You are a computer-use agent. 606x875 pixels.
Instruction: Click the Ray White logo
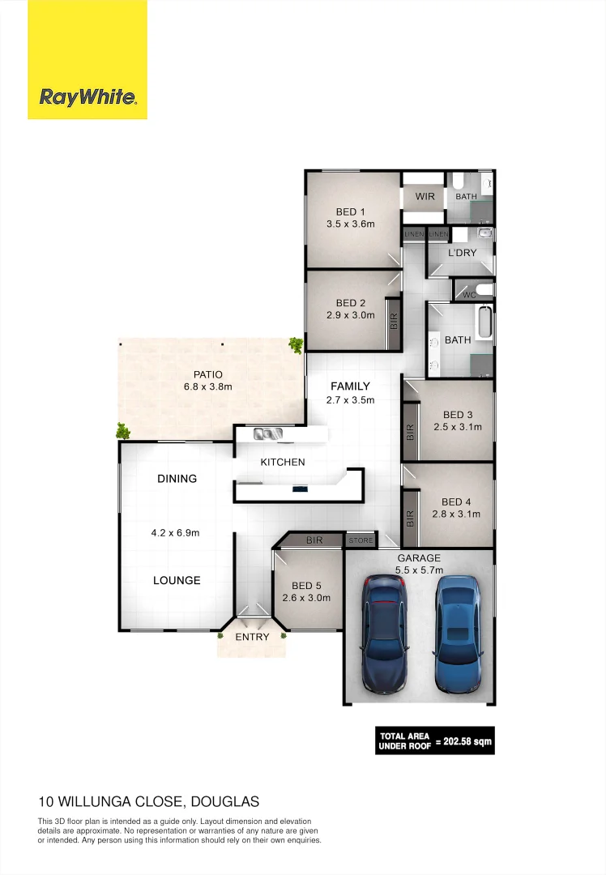(x=87, y=98)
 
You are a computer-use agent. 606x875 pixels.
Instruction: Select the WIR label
(x=425, y=197)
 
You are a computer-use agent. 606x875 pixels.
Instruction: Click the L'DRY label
(x=463, y=253)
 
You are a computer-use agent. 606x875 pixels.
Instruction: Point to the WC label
(x=469, y=294)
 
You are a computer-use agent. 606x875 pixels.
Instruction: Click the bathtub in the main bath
(x=484, y=322)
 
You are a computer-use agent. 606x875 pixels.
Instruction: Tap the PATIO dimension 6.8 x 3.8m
(x=207, y=387)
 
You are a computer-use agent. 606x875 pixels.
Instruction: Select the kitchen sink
(x=267, y=433)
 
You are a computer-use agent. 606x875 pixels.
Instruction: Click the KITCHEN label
(x=283, y=462)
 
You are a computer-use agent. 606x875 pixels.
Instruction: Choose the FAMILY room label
(x=350, y=386)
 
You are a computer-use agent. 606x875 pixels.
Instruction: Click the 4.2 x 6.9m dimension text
(x=175, y=533)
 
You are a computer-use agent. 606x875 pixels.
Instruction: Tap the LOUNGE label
(x=177, y=580)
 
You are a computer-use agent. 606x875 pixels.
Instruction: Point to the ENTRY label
(x=252, y=637)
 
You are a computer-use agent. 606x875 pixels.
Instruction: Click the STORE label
(x=361, y=540)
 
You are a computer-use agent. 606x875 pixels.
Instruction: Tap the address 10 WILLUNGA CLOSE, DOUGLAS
(x=149, y=802)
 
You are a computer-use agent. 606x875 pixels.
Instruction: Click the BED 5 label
(x=306, y=586)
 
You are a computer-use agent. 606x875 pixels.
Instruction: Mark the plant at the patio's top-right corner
(x=297, y=346)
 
